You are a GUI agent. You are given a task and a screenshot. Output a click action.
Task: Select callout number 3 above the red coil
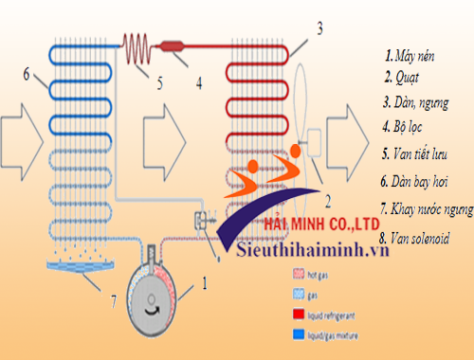(320, 29)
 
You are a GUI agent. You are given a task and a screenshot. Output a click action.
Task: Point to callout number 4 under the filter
(198, 81)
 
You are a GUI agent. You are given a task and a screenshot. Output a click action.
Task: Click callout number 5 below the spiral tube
(160, 83)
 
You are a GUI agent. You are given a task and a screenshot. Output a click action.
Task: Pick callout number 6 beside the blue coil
(27, 74)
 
